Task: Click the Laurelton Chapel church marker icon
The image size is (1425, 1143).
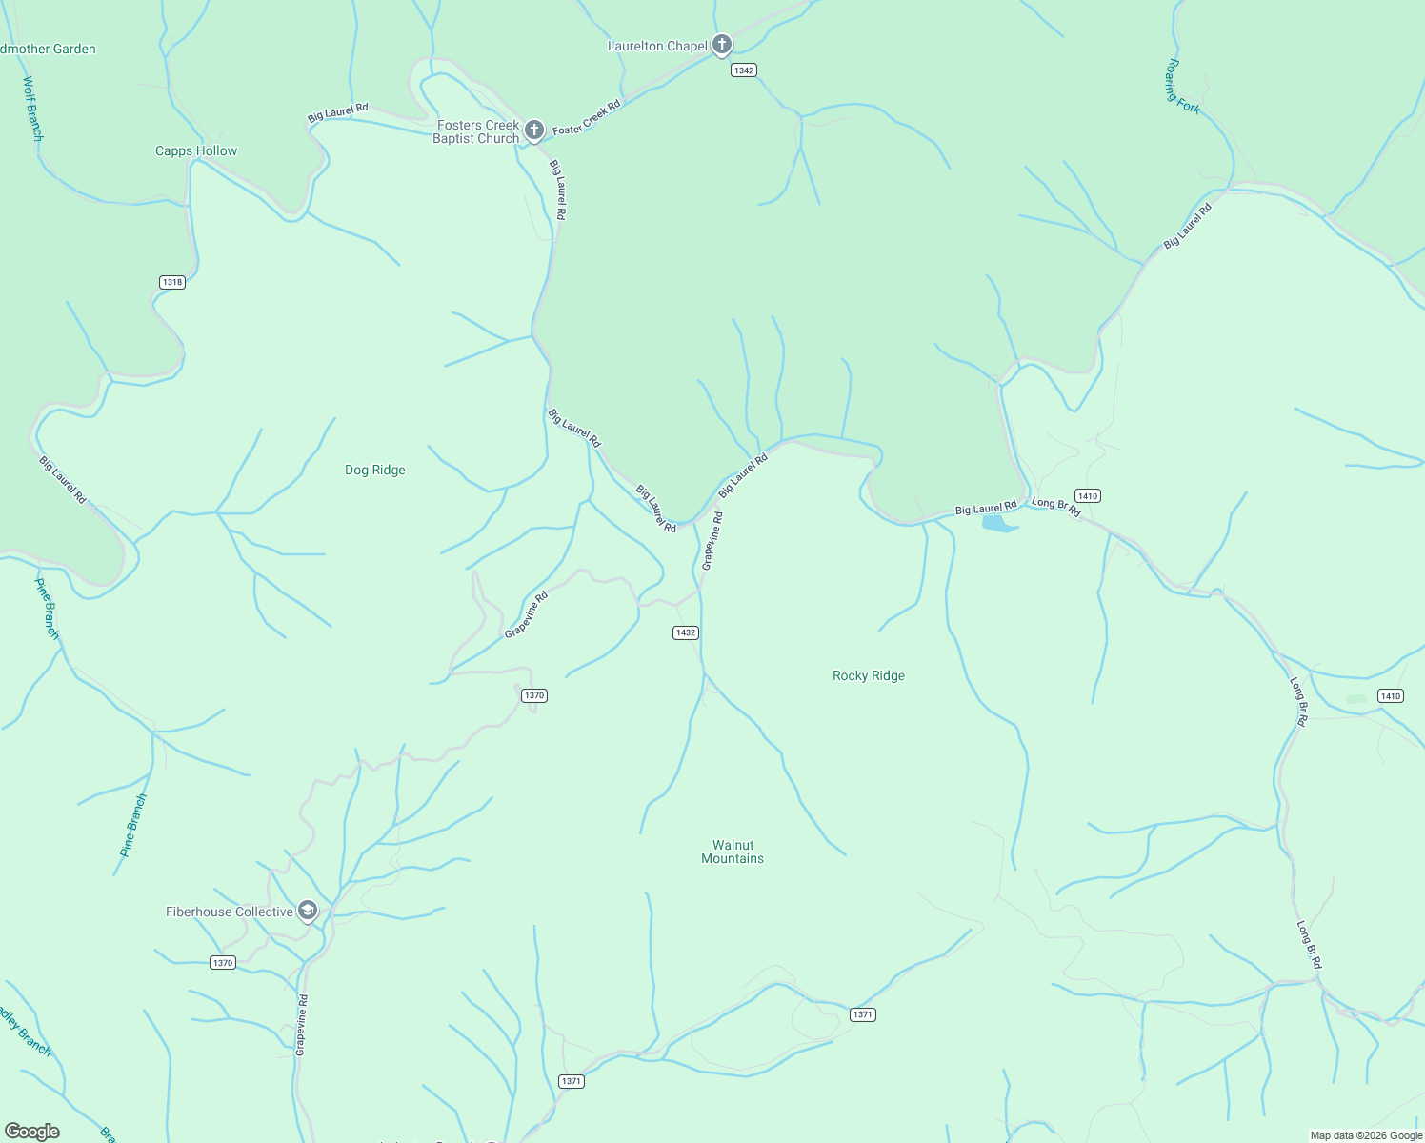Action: click(722, 45)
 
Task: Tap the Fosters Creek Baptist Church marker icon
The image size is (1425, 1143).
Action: click(534, 130)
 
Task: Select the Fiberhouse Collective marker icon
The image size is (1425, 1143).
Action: click(308, 912)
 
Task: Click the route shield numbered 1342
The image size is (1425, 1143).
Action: click(744, 70)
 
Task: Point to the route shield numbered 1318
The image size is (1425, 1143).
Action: click(172, 282)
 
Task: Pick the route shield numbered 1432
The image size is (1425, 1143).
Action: click(686, 632)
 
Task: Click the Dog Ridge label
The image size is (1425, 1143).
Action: click(375, 470)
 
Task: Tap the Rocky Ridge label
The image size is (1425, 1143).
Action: click(869, 675)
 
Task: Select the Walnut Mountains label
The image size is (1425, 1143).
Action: click(733, 852)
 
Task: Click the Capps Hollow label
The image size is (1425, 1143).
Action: click(196, 150)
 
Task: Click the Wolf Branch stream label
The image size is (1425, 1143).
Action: click(32, 109)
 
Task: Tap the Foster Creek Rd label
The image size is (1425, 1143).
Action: click(587, 117)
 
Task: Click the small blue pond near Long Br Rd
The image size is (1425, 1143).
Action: click(996, 523)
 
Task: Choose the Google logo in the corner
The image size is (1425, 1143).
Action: click(32, 1132)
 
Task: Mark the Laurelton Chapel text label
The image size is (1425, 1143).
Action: click(658, 46)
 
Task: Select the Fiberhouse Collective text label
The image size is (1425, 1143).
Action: click(230, 912)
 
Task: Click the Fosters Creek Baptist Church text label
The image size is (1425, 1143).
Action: click(477, 131)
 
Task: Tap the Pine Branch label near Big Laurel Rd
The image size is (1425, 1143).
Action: click(47, 608)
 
